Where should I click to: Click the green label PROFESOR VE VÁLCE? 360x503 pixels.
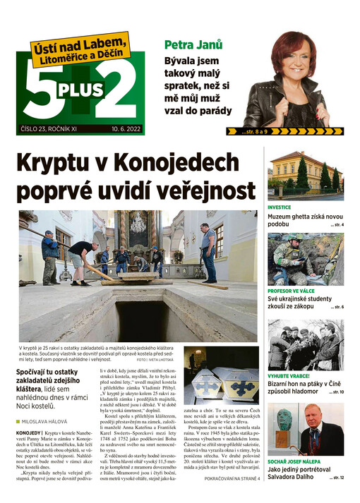pyautogui.click(x=296, y=290)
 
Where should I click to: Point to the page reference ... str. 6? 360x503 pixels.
pyautogui.click(x=336, y=308)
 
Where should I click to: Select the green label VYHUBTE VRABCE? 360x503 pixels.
pyautogui.click(x=291, y=376)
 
